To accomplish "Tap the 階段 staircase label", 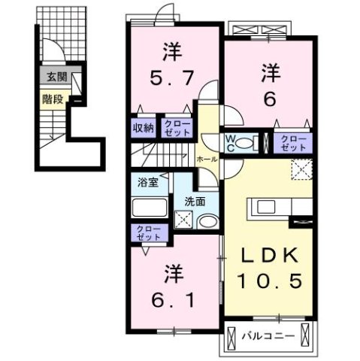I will (x=51, y=97).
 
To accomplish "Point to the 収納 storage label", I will (x=144, y=128).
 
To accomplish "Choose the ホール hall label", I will (x=207, y=160).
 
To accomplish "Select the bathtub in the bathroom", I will (x=149, y=208).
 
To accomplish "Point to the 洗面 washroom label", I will (x=195, y=201).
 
